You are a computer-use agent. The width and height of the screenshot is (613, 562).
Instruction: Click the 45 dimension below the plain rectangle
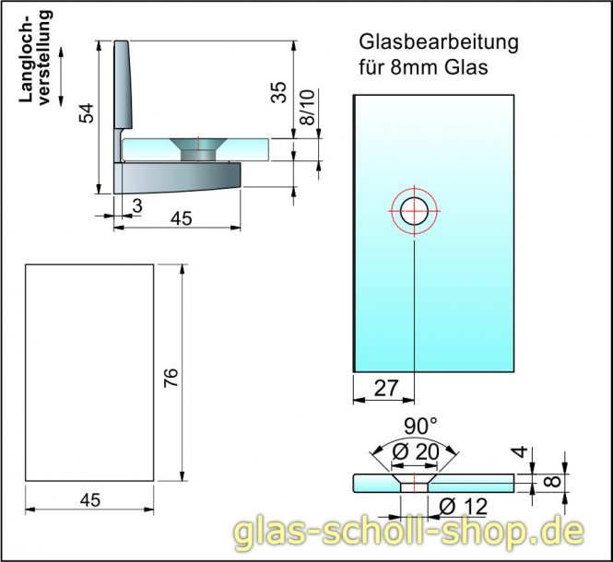point(89,499)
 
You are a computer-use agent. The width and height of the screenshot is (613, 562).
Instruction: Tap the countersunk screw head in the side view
point(197,146)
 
